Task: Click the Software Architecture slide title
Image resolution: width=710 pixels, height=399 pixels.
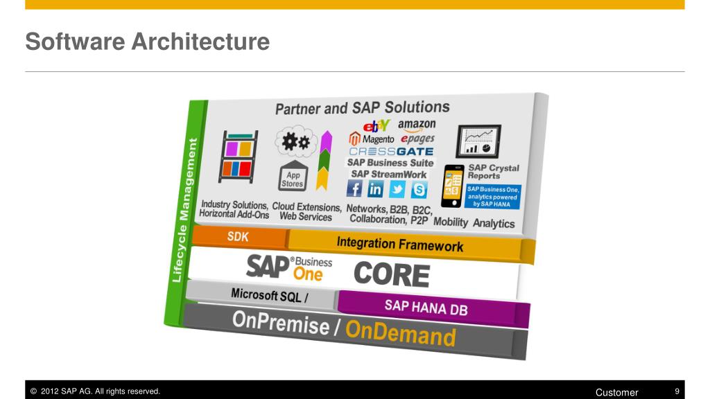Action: point(147,42)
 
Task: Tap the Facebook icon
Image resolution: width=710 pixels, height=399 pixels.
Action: point(354,188)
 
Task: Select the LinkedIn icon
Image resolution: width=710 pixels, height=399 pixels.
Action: point(375,188)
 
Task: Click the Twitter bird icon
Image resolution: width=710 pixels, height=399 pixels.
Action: point(397,188)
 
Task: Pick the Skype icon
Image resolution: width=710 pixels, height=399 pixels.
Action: point(419,188)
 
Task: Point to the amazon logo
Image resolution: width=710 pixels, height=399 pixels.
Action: point(417,125)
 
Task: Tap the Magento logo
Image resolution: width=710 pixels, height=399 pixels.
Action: point(372,139)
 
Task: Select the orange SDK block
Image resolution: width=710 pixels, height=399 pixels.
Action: point(238,237)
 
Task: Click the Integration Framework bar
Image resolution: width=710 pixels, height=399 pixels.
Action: point(400,244)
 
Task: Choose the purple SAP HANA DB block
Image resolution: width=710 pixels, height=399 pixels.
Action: point(426,308)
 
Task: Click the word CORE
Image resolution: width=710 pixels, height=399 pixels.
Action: point(392,274)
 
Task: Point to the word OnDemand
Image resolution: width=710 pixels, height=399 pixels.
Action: point(401,334)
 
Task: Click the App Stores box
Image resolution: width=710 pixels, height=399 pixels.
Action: point(292,179)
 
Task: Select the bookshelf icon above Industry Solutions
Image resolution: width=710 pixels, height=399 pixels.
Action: point(238,157)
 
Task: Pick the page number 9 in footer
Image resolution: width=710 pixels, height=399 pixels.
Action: point(677,392)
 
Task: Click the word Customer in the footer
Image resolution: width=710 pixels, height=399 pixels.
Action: point(616,392)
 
